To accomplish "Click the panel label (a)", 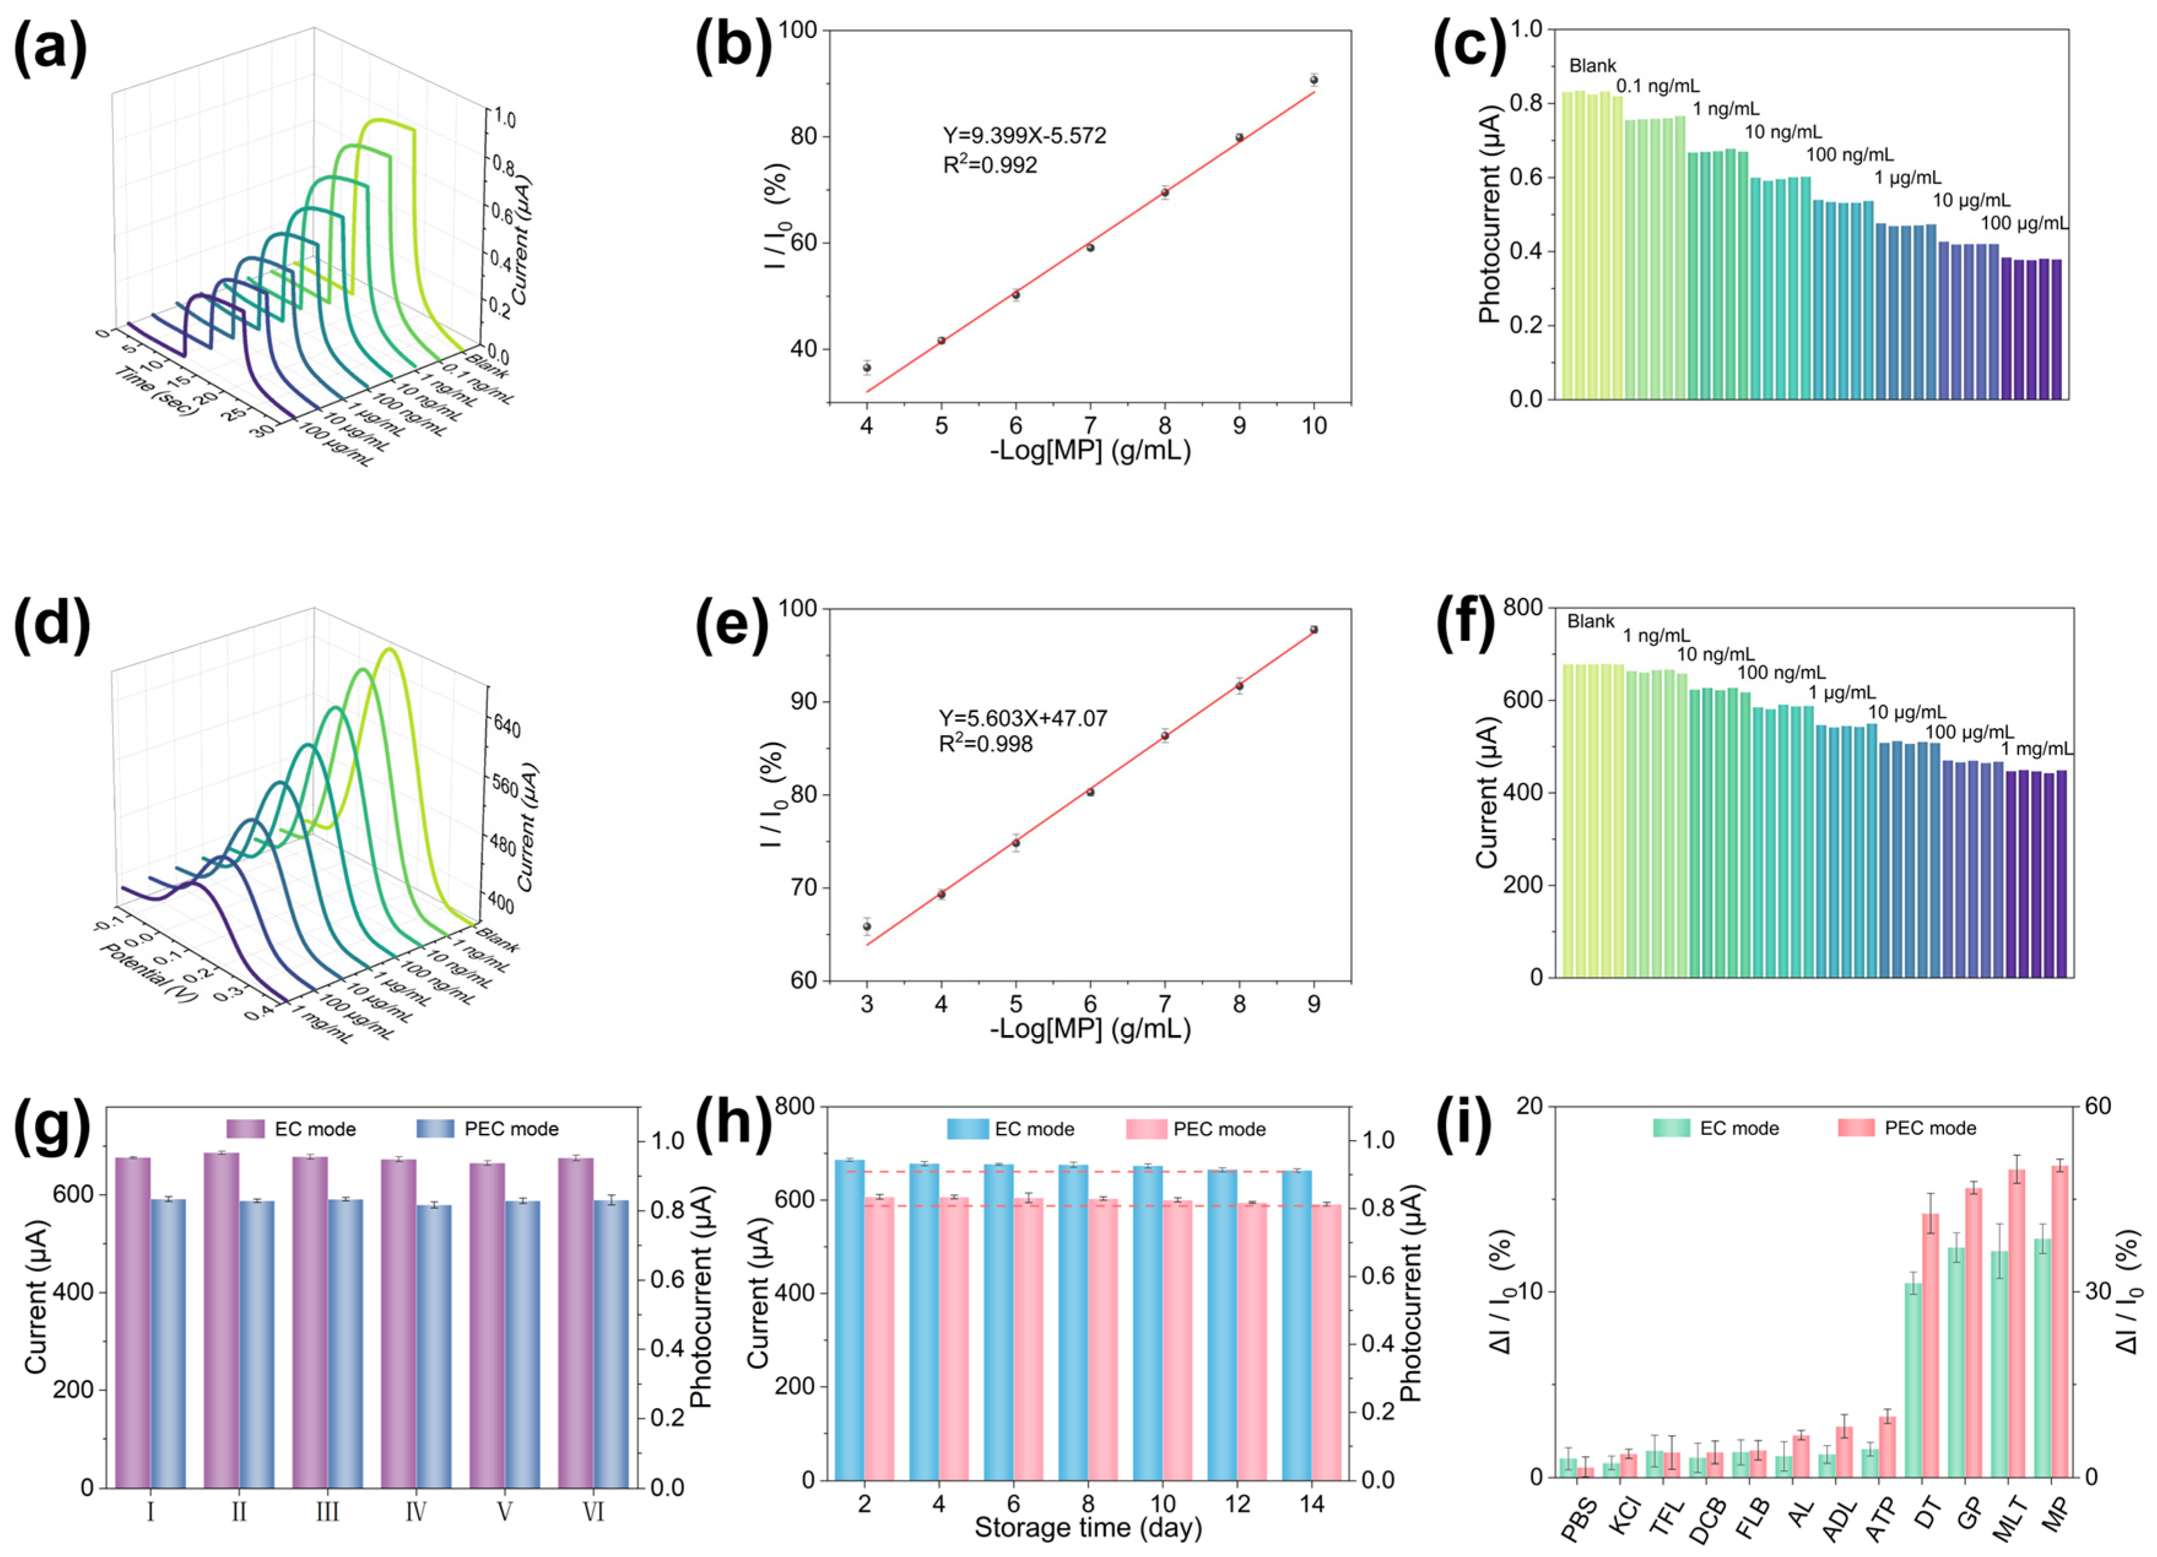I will coord(50,48).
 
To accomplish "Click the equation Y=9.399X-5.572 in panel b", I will coord(1024,136).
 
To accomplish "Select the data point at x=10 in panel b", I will coord(1314,80).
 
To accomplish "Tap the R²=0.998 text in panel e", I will coord(986,744).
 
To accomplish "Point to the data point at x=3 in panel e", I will coord(867,927).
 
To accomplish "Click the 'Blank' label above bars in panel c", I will coord(1592,66).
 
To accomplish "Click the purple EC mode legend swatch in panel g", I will coord(245,1129).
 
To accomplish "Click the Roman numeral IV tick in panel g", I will coord(416,1512).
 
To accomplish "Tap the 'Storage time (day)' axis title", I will coord(1087,1528).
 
